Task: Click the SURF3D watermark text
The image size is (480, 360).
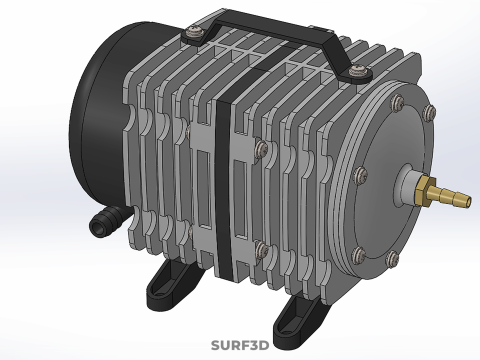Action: pos(240,346)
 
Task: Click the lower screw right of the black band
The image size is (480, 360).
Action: pos(260,248)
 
